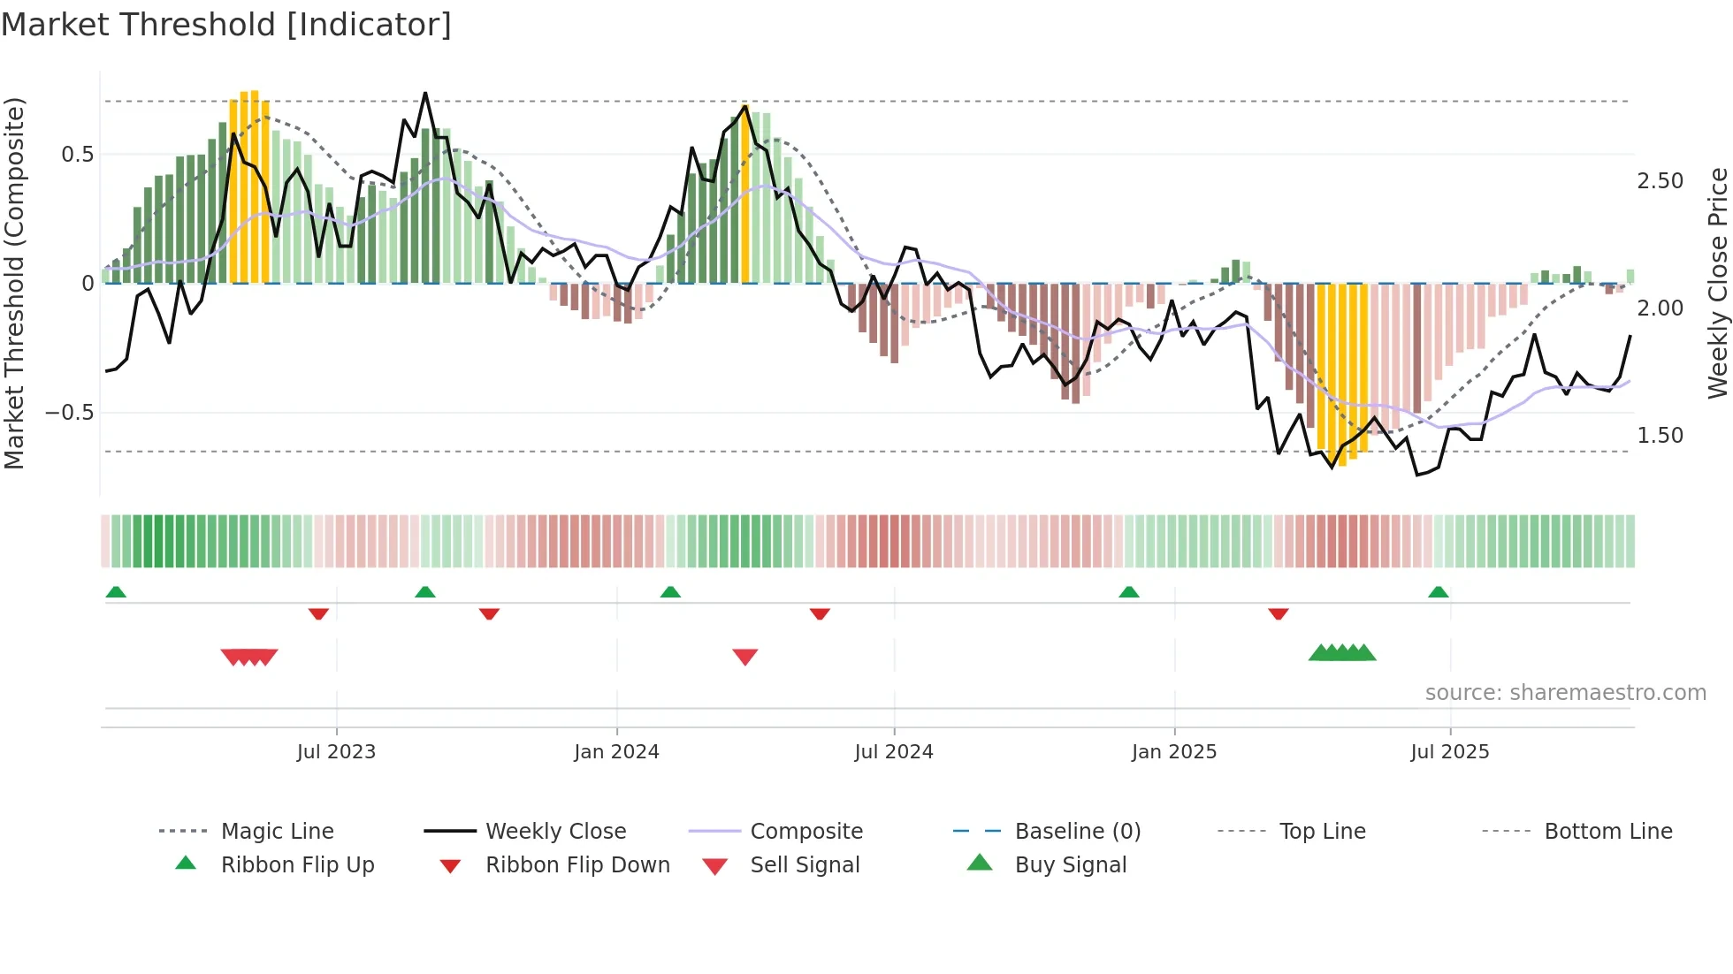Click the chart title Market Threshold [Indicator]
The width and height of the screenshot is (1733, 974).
pos(226,25)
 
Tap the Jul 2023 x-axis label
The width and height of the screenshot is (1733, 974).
pos(336,752)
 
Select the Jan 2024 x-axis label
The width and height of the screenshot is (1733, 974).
pos(616,752)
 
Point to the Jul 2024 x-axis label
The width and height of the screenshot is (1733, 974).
pos(893,752)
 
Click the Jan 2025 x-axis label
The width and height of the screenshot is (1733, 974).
pos(1173,752)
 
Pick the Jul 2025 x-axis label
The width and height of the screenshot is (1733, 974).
pos(1449,752)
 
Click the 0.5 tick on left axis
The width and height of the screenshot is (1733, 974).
pos(77,155)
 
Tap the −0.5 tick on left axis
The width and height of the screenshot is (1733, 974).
pos(69,413)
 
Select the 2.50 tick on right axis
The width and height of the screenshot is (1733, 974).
pos(1660,181)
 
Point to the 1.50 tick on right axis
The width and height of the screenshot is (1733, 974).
pos(1660,436)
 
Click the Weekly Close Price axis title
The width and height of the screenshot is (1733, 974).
pos(1717,283)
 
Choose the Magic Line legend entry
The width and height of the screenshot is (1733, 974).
pos(277,832)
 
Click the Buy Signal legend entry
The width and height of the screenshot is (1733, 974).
pos(1070,865)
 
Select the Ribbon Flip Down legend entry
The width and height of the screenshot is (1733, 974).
pos(576,865)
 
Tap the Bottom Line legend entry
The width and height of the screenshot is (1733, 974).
pos(1607,832)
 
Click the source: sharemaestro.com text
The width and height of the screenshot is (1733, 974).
pos(1565,693)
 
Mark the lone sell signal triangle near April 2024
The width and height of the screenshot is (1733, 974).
pos(745,657)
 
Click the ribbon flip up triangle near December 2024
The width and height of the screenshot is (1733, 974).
pos(1128,592)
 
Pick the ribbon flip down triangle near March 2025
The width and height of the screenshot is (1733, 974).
pos(1278,613)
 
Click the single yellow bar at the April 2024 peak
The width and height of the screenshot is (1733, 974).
pos(745,194)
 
